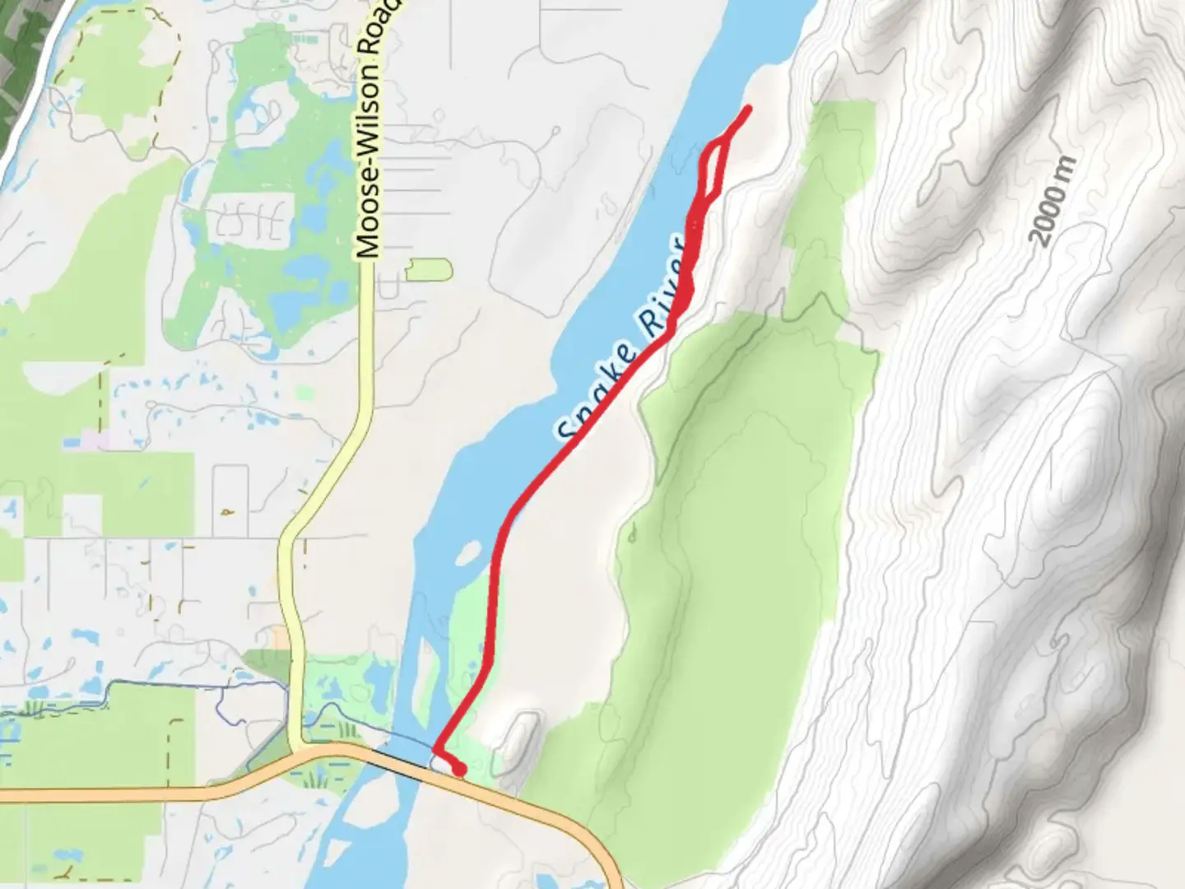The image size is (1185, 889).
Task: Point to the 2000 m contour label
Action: point(1053,202)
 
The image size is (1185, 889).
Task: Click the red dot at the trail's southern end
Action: point(458,770)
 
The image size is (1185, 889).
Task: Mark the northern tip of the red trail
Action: point(747,109)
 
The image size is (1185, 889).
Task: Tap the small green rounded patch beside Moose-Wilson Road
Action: point(430,269)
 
